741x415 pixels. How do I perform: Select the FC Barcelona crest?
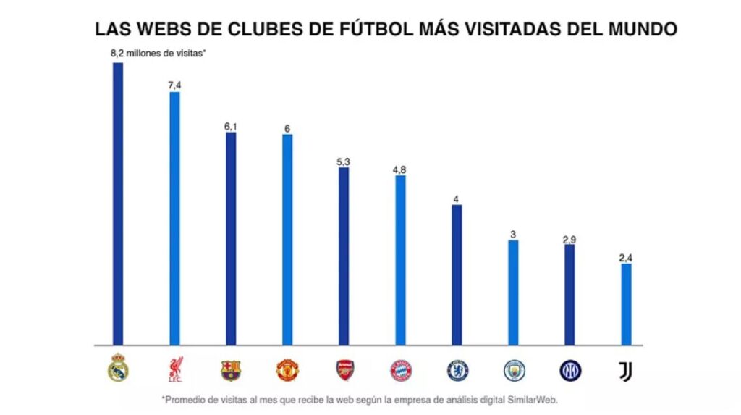(231, 370)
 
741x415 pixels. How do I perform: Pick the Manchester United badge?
(287, 370)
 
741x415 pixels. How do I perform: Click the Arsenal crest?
(344, 370)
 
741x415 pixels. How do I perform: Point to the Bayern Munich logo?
(401, 370)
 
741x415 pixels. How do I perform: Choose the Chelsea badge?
(457, 370)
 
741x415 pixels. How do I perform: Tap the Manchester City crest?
(514, 370)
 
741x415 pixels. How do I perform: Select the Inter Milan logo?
(570, 370)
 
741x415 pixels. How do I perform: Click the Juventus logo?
(626, 372)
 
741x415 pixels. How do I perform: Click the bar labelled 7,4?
(174, 217)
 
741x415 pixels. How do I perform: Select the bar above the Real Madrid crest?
(118, 203)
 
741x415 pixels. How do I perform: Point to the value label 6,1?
(231, 127)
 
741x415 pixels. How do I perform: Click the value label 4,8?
(399, 169)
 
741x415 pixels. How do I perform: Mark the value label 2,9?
(569, 239)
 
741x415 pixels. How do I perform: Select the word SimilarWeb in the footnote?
(530, 399)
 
